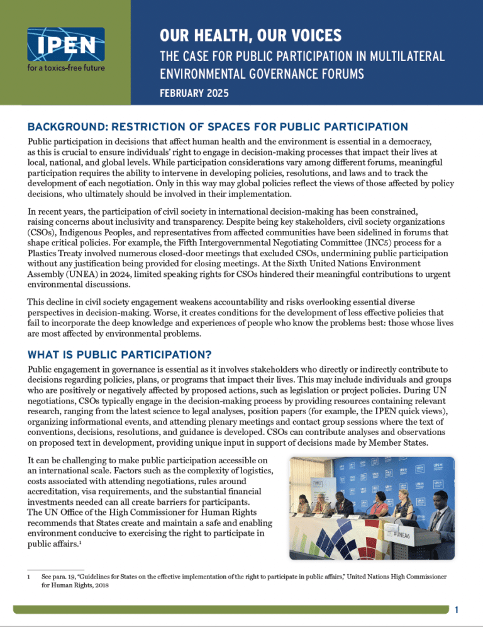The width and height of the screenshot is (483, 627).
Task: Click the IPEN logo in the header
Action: pos(65,45)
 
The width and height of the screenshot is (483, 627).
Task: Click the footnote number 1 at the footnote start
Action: pos(30,575)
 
